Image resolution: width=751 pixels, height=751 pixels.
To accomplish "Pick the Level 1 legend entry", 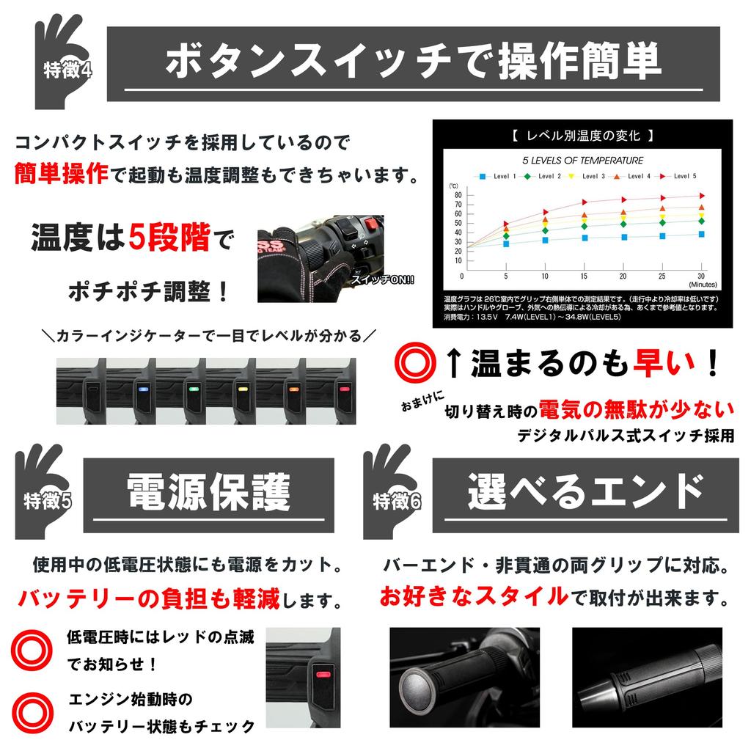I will [498, 176].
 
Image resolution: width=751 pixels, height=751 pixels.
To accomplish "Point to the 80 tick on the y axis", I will [458, 195].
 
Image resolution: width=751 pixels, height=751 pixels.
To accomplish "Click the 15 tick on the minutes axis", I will [583, 276].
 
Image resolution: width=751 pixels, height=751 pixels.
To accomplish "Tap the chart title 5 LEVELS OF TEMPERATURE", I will [582, 160].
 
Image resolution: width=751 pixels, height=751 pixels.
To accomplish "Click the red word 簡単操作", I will [61, 174].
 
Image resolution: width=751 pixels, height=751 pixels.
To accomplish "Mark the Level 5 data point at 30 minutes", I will [701, 196].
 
